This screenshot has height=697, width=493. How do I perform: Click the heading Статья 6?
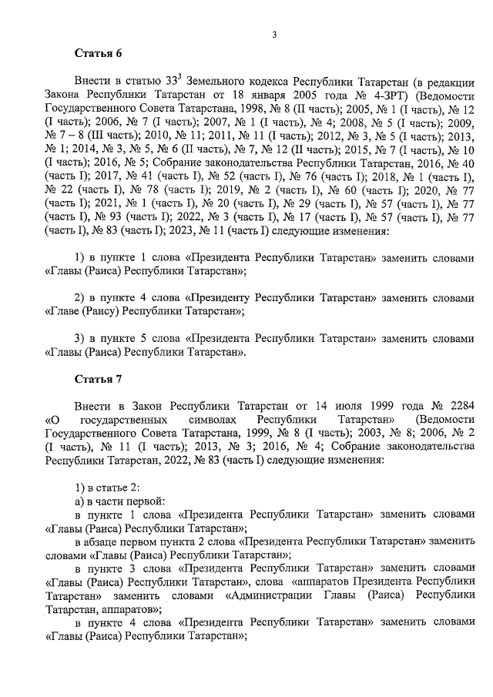click(x=98, y=52)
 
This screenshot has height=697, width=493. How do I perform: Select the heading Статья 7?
click(x=98, y=380)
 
